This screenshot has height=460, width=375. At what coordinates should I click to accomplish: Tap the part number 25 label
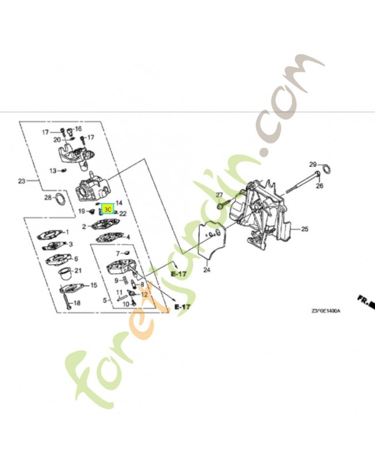(x=304, y=229)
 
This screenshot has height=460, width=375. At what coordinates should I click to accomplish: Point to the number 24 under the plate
(x=206, y=270)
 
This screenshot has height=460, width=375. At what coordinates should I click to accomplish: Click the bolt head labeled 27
(x=222, y=204)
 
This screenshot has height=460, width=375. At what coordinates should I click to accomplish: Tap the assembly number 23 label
(x=22, y=181)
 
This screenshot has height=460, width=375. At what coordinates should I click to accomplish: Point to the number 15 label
(x=94, y=285)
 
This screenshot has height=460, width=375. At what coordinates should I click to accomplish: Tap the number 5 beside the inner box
(x=105, y=300)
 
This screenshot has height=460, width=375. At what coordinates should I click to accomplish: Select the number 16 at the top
(x=78, y=129)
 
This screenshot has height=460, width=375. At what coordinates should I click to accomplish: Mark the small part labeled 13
(x=64, y=170)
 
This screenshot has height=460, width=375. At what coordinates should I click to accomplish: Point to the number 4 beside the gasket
(x=128, y=237)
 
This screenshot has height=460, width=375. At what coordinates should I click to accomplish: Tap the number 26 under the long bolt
(x=320, y=185)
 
